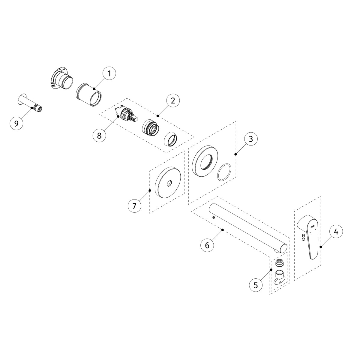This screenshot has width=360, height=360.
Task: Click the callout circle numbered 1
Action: point(109,73)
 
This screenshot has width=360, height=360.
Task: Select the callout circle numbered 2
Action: point(172,100)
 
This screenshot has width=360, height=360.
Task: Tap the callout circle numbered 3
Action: point(251,139)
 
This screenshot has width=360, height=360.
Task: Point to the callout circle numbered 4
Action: point(336,232)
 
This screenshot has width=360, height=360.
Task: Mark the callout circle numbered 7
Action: point(134,206)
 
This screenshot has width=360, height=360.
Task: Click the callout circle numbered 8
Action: point(99,135)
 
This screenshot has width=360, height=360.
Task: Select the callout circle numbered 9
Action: point(16,123)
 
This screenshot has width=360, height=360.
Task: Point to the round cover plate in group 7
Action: point(167,182)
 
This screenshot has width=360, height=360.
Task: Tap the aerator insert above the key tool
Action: point(280,263)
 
